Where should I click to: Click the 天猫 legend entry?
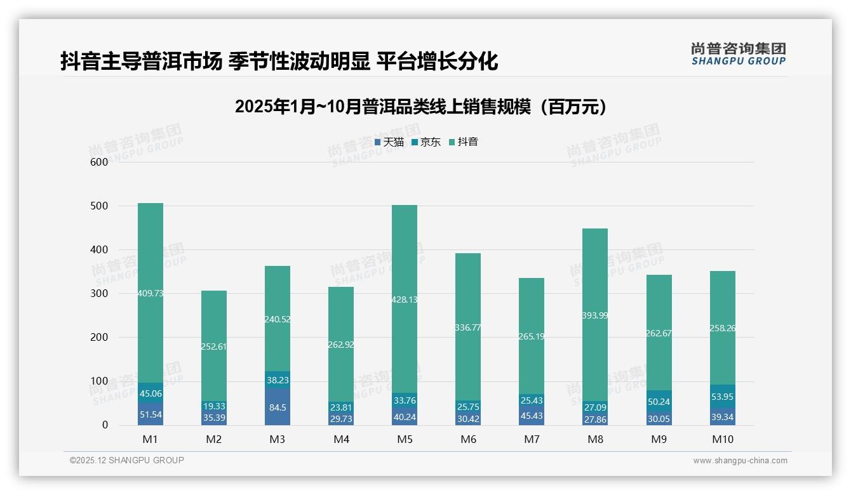389,142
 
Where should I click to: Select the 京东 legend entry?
426,142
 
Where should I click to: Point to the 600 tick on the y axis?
99,162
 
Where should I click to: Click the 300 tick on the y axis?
99,294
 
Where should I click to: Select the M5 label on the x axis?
405,439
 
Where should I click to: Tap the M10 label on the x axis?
722,439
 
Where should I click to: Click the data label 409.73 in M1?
151,293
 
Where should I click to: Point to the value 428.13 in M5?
405,300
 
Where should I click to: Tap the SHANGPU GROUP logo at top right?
738,54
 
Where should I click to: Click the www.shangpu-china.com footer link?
740,461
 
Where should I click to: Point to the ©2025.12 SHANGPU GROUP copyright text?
127,460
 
